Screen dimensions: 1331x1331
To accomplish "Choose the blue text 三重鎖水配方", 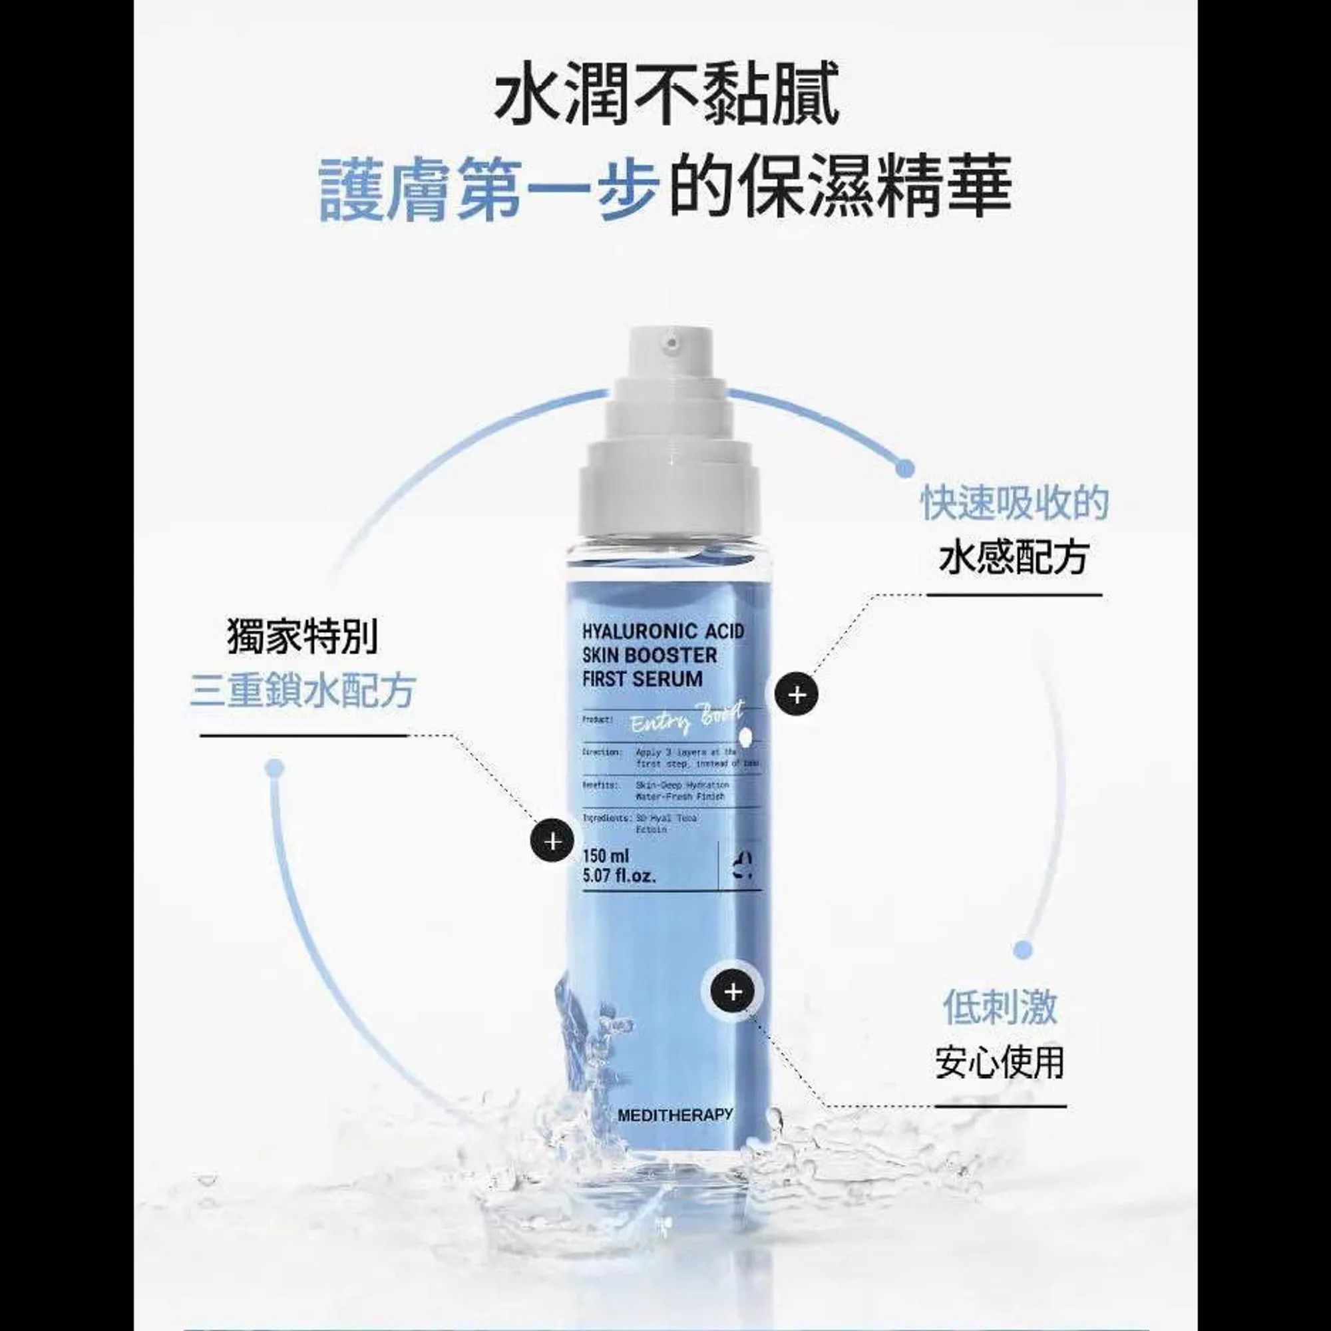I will pos(302,691).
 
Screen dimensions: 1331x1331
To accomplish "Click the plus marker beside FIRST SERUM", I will pos(797,695).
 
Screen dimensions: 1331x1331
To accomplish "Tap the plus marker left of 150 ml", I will pos(552,842).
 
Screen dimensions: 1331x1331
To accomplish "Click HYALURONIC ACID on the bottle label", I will pos(664,631).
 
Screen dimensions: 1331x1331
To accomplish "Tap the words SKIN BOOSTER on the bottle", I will pos(650,654).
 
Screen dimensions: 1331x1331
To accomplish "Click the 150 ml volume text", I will pos(606,857).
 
